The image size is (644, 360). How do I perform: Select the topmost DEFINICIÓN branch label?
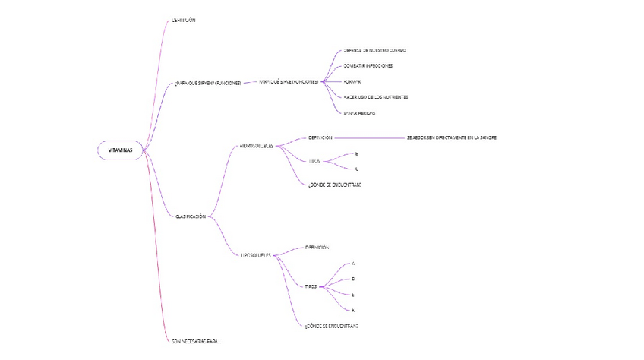184,20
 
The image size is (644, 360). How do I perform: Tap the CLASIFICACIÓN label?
191,216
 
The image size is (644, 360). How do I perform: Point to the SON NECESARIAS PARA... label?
197,342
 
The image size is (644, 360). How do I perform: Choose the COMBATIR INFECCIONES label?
368,66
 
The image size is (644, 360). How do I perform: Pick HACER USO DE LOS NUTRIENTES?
376,97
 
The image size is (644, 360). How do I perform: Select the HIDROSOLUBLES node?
256,145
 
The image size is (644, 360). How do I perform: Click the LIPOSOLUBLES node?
256,255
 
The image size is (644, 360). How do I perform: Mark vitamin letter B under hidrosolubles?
357,153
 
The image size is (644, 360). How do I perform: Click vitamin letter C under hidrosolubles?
357,169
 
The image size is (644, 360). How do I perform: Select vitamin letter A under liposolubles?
353,264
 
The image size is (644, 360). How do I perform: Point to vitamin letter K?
353,310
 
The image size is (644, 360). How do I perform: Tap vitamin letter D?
353,279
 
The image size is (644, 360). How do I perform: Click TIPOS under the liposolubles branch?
311,287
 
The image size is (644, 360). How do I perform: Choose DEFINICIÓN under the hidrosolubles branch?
320,137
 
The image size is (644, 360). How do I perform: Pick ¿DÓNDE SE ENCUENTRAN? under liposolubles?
331,326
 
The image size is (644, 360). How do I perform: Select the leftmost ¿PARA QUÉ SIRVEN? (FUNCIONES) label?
207,83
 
